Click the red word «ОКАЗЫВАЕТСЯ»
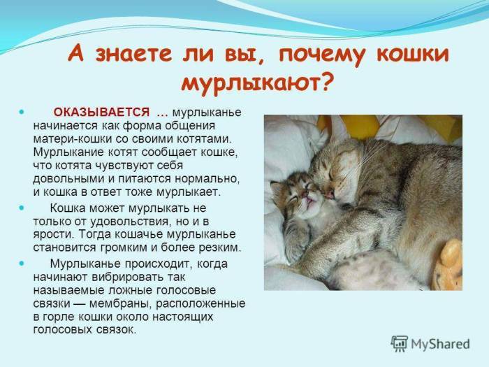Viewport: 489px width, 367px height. pyautogui.click(x=102, y=113)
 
